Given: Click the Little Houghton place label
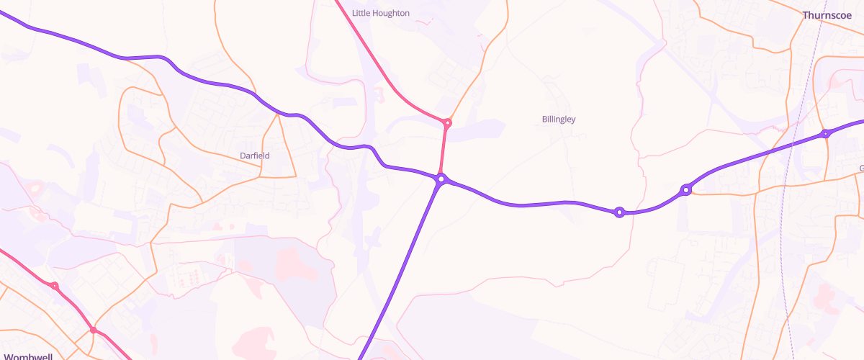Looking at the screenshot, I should [x=381, y=13].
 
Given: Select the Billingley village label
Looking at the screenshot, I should [x=559, y=119].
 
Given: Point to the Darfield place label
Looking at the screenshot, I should [x=255, y=155].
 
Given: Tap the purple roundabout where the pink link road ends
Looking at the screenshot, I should [x=441, y=179].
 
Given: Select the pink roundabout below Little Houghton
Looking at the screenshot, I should [x=447, y=123].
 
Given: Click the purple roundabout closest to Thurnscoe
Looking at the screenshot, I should [x=826, y=134].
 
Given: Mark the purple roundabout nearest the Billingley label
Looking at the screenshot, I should [x=618, y=212].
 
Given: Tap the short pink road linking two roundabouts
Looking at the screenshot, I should [x=444, y=151].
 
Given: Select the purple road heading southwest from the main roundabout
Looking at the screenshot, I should [x=403, y=266].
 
